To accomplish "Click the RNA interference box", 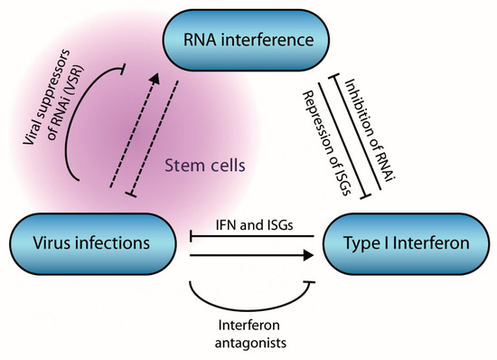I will point(248,40).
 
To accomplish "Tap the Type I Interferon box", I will point(406,245).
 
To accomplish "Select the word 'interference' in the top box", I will point(267,40).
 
